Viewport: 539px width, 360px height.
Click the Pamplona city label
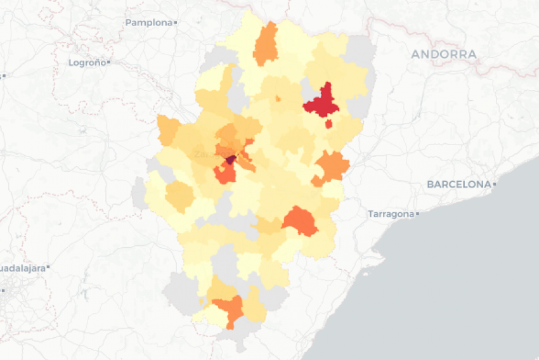tap(148, 23)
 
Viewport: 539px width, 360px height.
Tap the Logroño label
tap(87, 63)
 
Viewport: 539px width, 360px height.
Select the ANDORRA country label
tap(443, 55)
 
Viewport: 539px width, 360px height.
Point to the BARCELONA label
tap(458, 184)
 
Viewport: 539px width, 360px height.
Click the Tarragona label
tap(391, 214)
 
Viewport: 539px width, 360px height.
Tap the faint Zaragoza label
tap(208, 154)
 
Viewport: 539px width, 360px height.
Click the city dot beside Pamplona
tap(176, 23)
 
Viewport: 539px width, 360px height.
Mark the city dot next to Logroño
tap(109, 63)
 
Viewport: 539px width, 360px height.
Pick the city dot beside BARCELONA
tap(494, 184)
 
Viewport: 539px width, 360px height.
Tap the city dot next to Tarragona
tap(417, 214)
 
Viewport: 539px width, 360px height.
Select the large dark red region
tap(322, 101)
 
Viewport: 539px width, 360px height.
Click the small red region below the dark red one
tap(328, 124)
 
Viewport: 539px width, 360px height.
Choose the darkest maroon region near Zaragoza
tap(231, 159)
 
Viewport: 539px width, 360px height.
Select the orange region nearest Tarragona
tap(300, 221)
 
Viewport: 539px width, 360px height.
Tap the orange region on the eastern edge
tap(331, 167)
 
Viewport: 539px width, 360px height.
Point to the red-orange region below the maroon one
tap(224, 173)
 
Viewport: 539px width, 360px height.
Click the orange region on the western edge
tap(168, 130)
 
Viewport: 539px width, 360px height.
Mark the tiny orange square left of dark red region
tap(278, 98)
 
